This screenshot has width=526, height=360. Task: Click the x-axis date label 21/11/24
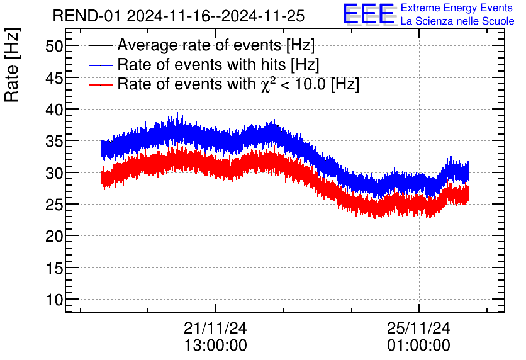[x=215, y=328]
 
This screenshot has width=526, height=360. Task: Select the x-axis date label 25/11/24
[x=418, y=328]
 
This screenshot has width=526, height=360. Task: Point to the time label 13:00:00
[x=215, y=345]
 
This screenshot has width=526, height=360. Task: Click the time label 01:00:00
[x=418, y=345]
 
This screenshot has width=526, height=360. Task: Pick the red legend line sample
[x=101, y=84]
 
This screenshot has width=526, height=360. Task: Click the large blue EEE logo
[x=369, y=14]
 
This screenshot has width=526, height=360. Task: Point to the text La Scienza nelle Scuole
[x=457, y=21]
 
